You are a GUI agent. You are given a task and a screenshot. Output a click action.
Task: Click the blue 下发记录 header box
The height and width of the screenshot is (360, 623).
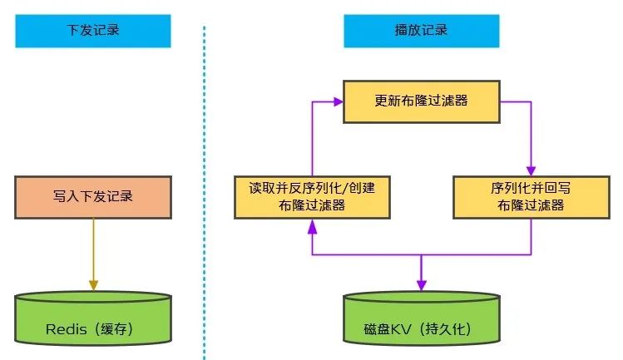[93, 31]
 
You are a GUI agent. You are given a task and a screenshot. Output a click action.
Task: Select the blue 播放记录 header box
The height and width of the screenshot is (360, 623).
[421, 31]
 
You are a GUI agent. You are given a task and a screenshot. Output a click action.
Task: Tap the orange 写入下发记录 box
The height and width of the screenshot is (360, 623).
[93, 198]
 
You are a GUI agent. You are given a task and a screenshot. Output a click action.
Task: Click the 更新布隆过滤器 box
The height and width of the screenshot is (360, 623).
[421, 101]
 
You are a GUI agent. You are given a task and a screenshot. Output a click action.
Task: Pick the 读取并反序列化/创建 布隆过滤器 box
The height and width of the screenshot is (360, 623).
[312, 198]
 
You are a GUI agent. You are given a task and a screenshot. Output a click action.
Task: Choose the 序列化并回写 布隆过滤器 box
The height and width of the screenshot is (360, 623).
[532, 198]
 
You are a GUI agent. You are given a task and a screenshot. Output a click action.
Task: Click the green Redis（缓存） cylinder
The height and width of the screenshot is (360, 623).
[93, 318]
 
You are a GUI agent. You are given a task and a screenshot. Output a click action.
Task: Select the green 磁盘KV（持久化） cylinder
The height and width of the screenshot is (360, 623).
[421, 318]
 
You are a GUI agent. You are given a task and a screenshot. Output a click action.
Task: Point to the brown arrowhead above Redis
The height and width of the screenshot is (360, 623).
[93, 285]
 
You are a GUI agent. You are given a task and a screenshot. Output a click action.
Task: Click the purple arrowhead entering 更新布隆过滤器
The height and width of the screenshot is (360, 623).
[339, 101]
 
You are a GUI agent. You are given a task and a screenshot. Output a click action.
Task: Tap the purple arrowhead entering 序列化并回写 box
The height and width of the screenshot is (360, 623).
[532, 171]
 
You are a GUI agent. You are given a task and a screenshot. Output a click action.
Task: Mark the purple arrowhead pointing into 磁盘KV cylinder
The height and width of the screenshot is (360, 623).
[421, 285]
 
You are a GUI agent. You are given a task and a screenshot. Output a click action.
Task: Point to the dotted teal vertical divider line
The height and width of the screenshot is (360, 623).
[205, 193]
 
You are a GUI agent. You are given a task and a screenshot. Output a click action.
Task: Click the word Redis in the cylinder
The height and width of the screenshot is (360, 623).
[66, 329]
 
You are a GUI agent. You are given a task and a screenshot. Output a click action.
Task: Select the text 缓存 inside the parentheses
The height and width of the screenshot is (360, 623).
[113, 329]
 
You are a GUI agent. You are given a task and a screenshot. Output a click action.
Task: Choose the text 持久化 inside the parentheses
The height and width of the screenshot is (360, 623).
[444, 329]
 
